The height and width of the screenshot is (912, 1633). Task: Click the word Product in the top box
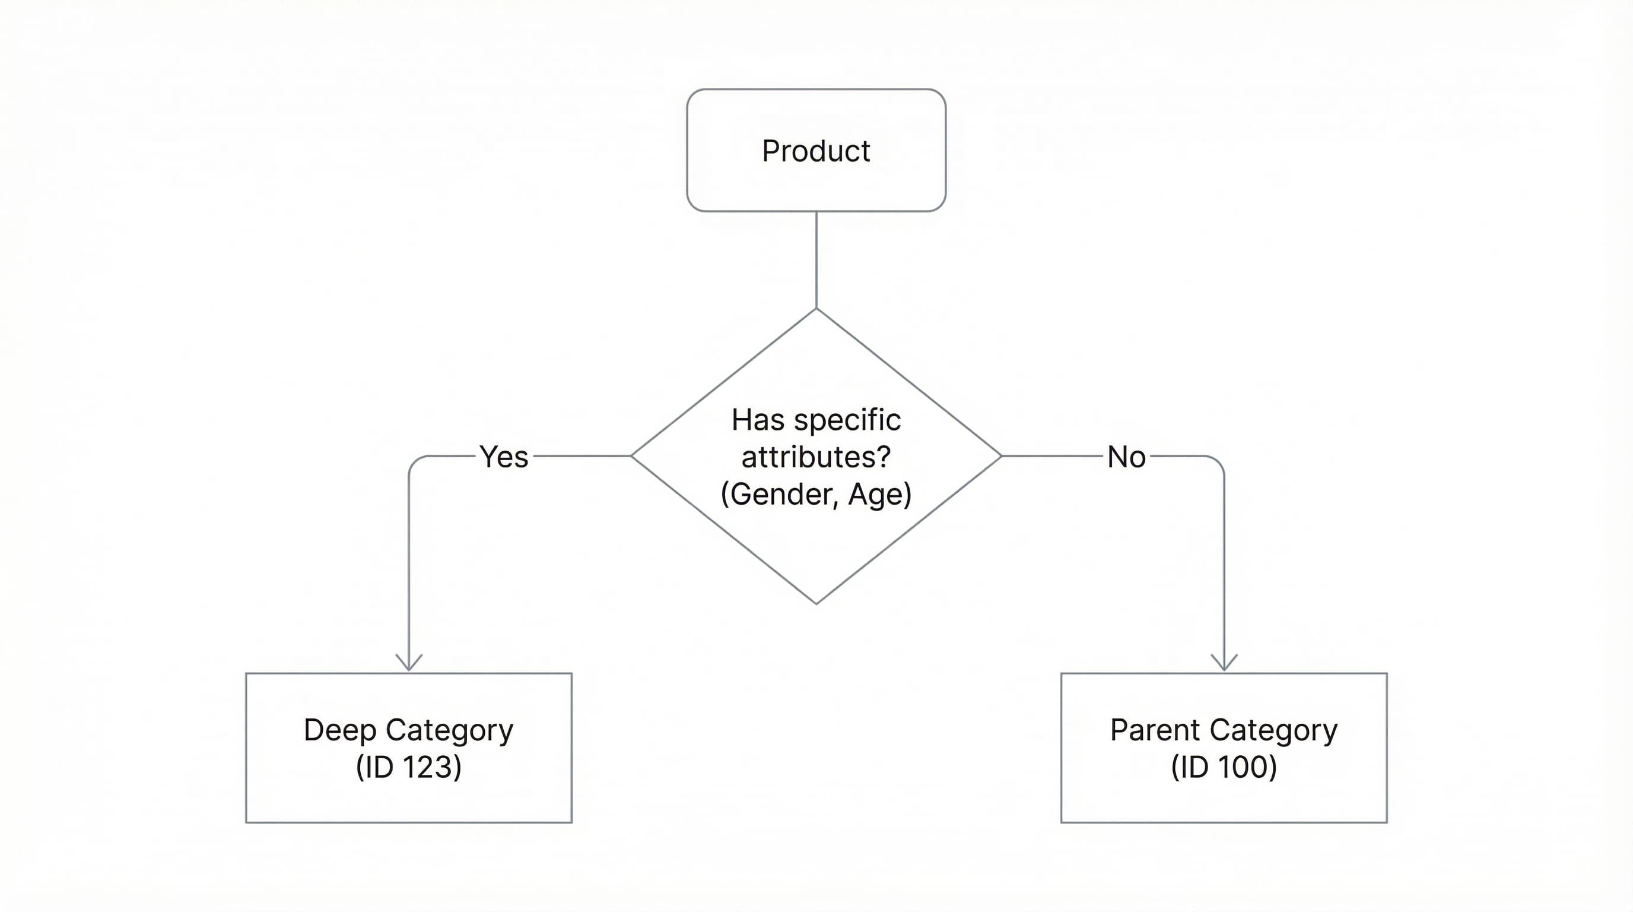pos(816,151)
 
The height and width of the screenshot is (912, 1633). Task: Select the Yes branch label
pos(503,457)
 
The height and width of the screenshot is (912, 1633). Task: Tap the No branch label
pos(1126,457)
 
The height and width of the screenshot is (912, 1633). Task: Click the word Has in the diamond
pos(758,420)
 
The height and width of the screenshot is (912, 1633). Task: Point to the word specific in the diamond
pos(847,420)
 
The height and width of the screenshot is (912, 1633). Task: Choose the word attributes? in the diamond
pos(816,457)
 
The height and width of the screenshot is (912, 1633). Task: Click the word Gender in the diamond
pos(782,494)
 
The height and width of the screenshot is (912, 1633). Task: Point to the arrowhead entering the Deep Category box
pos(409,664)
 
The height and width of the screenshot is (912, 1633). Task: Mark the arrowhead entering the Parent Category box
pos(1224,664)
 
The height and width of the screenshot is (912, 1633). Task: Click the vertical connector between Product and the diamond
pos(816,260)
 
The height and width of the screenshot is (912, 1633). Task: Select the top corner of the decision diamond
pos(816,309)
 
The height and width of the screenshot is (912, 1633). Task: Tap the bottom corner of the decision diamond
pos(816,603)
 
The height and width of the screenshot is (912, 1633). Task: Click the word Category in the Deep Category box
pos(449,730)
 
